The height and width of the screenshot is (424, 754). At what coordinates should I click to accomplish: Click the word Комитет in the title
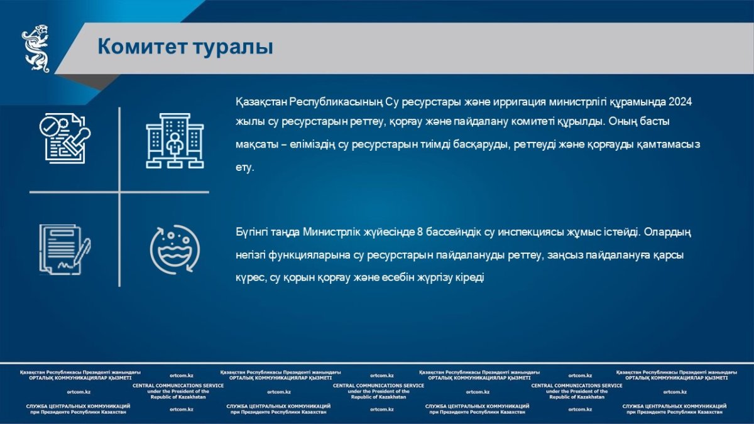point(142,46)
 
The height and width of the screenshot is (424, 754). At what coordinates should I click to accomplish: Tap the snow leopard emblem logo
point(36,48)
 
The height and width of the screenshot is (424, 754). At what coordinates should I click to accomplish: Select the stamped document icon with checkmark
point(65,138)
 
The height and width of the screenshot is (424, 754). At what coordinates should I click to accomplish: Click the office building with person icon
point(175,141)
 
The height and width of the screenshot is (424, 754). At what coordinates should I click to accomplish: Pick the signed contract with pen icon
point(65,249)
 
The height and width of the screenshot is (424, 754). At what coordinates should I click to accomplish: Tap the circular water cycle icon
point(175,249)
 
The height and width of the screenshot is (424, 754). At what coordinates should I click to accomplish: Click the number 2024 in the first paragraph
point(680,102)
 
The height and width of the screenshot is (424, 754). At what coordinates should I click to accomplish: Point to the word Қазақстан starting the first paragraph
point(261,102)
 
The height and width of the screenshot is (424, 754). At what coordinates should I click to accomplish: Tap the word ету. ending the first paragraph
point(244,168)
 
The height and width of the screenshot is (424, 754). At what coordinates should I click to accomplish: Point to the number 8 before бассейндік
point(420,232)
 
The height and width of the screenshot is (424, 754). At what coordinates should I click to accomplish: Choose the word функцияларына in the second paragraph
point(310,256)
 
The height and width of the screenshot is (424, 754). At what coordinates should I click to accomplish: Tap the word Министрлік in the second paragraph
point(332,232)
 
